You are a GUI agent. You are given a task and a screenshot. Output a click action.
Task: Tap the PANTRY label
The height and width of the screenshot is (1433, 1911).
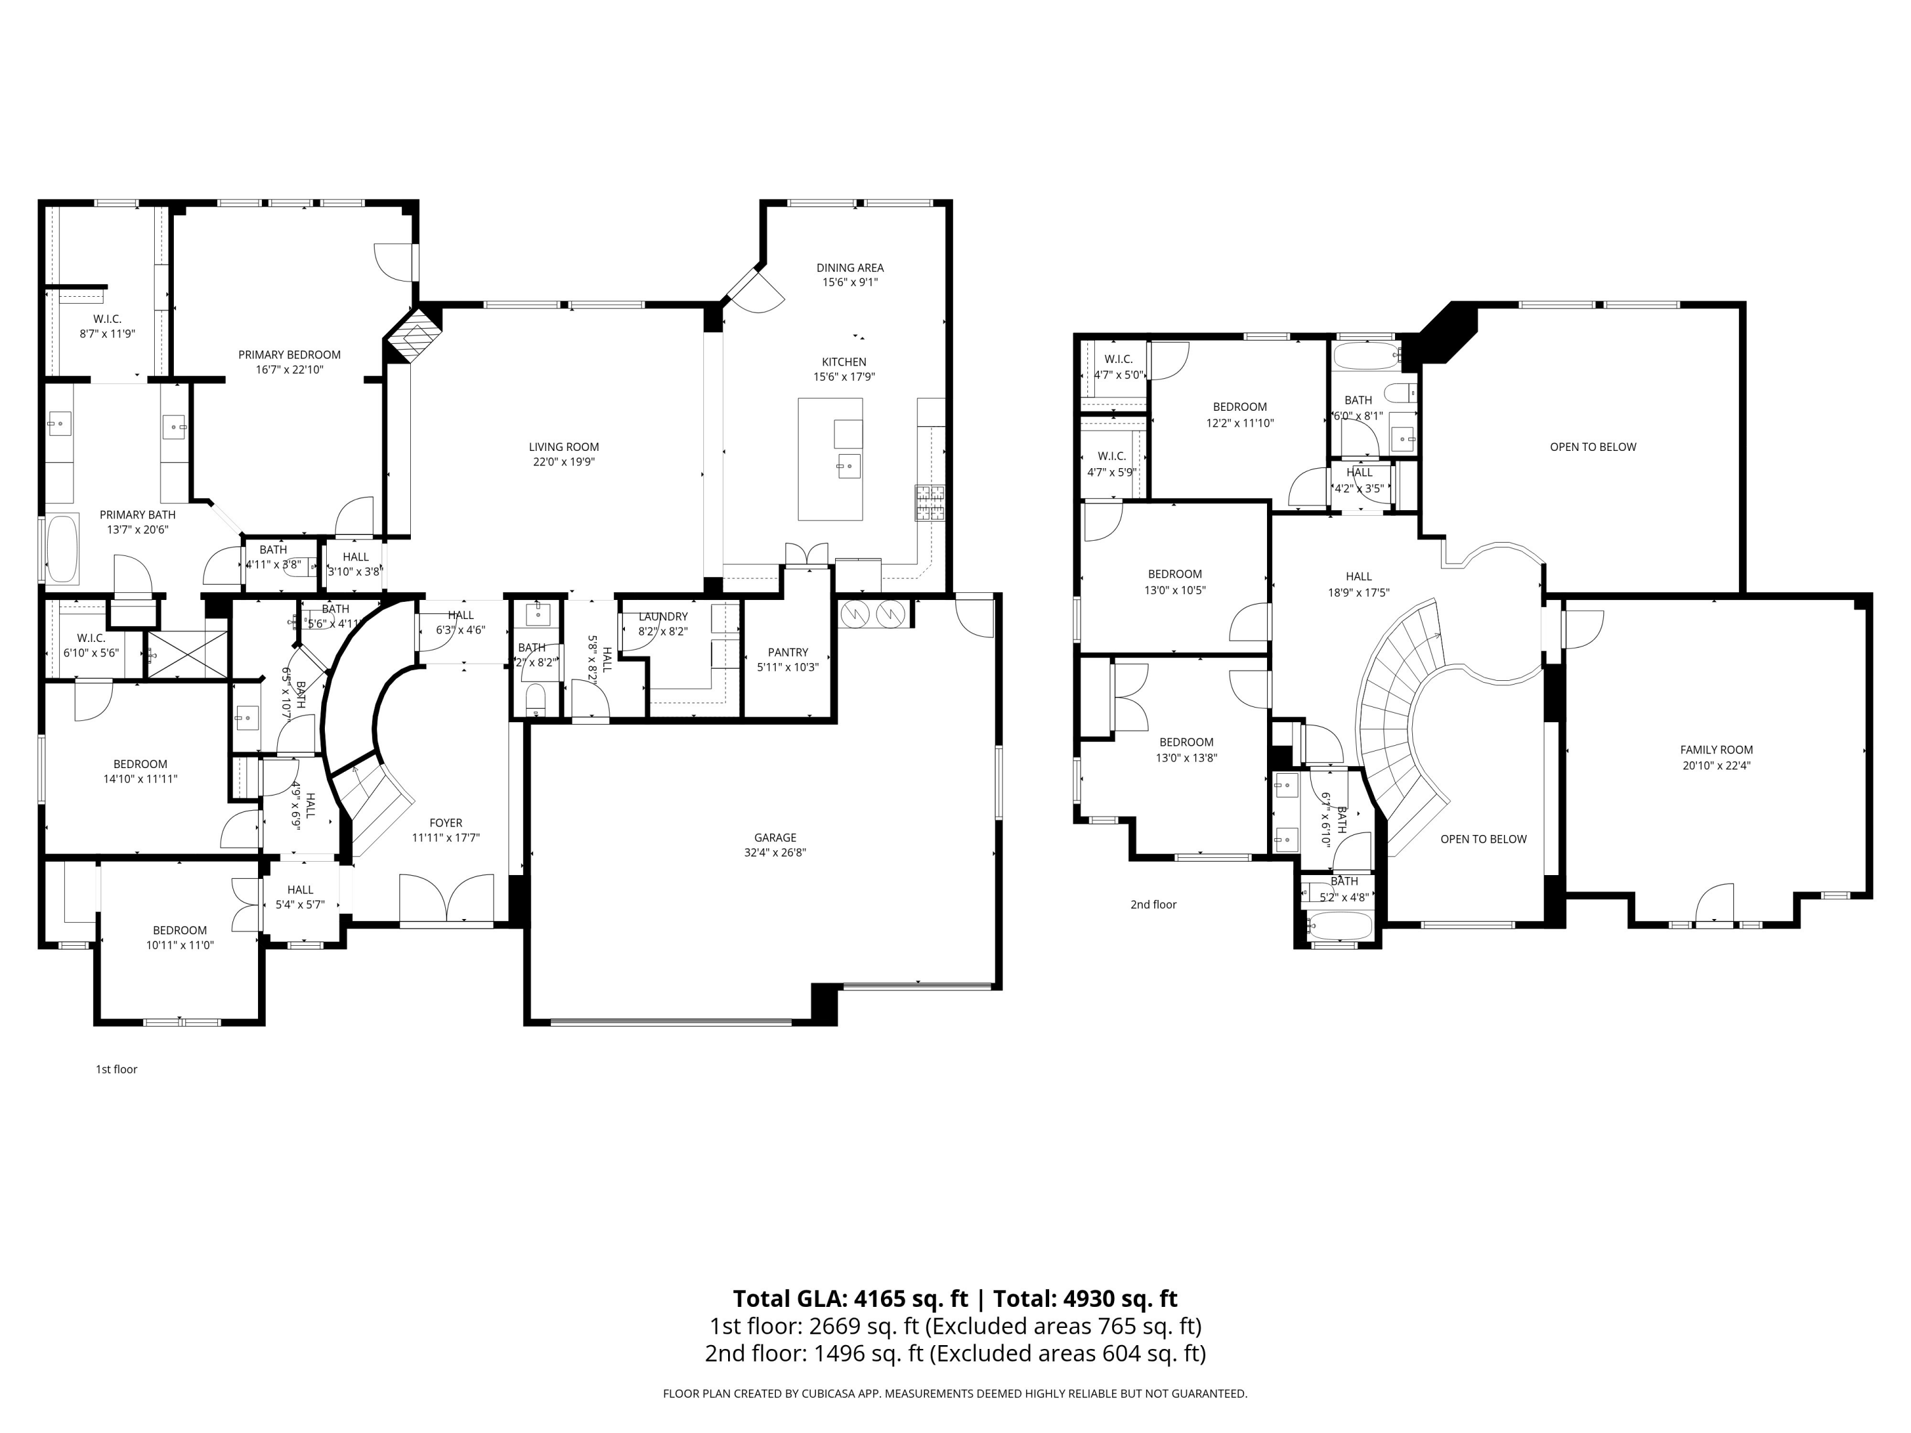pos(787,652)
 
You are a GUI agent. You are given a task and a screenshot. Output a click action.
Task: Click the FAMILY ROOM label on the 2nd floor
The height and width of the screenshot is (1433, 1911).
pos(1715,750)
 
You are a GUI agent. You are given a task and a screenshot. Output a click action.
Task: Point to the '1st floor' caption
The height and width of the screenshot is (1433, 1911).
pos(116,1069)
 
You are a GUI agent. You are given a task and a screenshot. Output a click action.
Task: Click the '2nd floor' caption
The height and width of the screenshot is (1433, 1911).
pos(1154,904)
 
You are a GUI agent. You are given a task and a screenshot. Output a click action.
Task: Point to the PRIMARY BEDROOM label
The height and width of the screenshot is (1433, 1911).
pos(289,354)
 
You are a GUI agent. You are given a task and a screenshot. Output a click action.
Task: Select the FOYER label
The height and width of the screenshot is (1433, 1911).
pos(446,823)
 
